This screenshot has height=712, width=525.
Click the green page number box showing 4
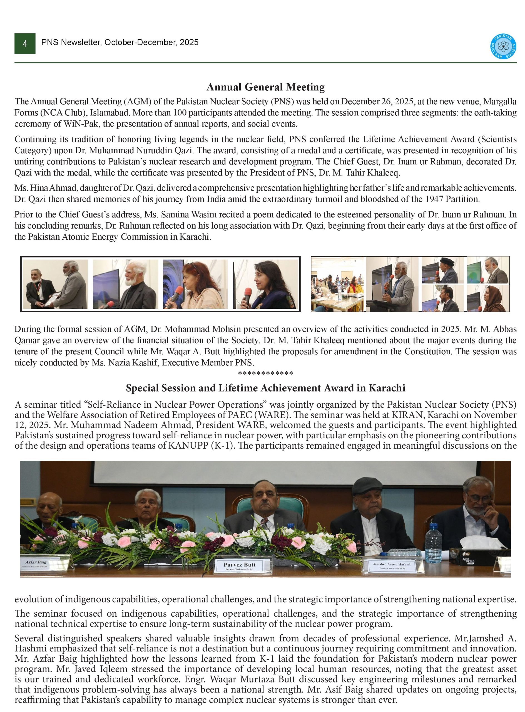coord(25,44)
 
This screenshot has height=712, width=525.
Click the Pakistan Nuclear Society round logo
coord(503,47)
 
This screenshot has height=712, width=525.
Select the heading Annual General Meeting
coord(265,87)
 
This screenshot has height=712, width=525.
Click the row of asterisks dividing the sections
coord(265,373)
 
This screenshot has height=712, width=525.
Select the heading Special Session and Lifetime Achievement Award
coord(265,388)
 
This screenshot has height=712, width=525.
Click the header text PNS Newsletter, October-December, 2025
coord(120,42)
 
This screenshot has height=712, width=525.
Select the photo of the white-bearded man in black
coord(126,284)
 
